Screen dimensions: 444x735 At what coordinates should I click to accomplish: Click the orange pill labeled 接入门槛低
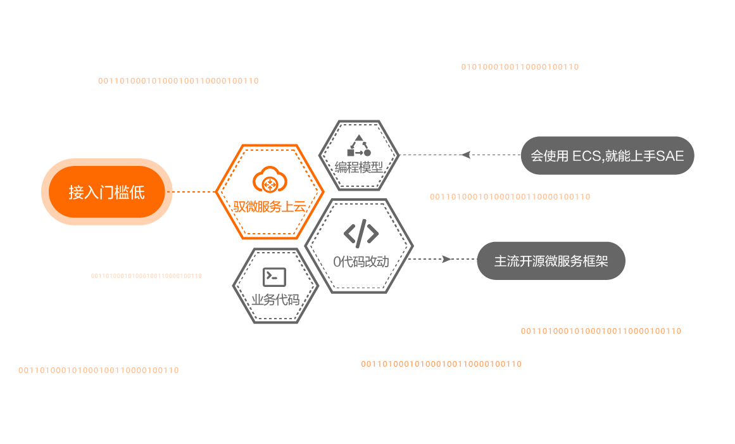pos(106,192)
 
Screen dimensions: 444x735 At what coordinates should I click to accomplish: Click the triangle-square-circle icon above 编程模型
pos(359,146)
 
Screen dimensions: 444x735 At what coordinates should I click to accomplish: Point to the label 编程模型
pos(359,168)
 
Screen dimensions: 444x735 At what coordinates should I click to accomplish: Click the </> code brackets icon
pos(361,234)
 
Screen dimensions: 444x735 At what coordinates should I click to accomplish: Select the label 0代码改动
pos(361,261)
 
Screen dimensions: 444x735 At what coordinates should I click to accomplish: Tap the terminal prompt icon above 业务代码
pos(275,277)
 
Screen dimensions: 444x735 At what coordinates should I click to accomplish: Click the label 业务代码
pos(275,299)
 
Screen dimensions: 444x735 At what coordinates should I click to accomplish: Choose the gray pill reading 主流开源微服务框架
pos(551,260)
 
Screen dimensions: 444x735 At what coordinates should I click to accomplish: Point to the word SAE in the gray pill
pos(670,156)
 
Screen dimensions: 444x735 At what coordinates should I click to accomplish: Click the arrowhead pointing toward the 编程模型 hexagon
pos(465,155)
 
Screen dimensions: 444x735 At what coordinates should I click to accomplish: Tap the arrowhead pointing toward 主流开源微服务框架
pos(446,258)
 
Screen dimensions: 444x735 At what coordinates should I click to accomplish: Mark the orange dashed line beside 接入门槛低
pos(194,192)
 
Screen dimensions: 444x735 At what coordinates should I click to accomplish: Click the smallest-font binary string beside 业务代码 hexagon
pos(146,276)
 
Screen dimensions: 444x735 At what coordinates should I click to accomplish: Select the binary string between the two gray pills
pos(510,197)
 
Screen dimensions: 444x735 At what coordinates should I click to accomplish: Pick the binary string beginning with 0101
pos(520,67)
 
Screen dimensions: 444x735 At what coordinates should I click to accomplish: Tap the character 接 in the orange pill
pos(76,193)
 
